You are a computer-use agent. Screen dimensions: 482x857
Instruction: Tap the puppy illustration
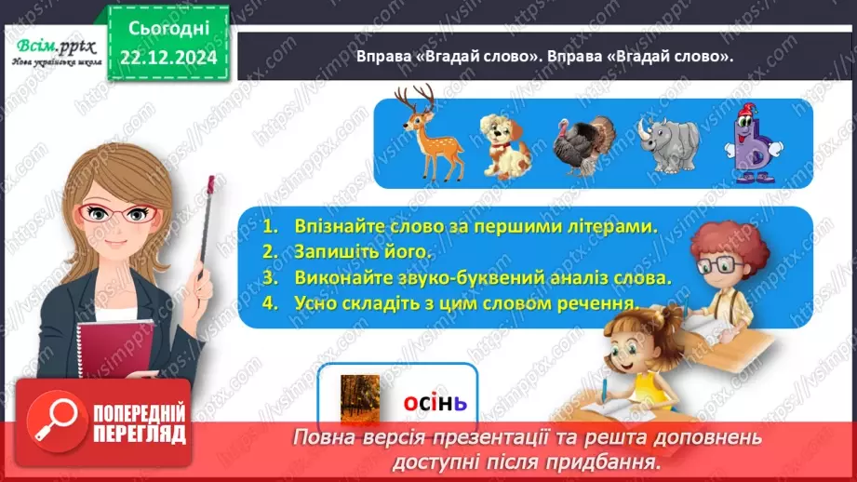click(x=504, y=143)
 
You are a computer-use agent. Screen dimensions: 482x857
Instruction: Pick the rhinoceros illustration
click(x=669, y=144)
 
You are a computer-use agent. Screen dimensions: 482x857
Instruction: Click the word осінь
click(x=435, y=403)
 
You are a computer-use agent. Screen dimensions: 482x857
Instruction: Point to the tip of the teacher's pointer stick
click(x=212, y=178)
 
